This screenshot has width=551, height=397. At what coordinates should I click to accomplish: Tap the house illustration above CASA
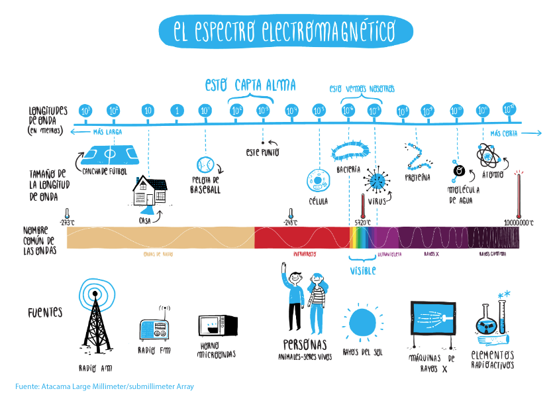[149, 192]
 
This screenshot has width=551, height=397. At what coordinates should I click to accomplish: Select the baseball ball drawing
[205, 164]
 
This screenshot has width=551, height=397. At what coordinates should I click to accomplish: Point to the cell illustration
[319, 181]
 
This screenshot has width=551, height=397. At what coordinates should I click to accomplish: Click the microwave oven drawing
[217, 327]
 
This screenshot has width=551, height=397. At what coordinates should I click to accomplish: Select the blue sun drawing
[362, 321]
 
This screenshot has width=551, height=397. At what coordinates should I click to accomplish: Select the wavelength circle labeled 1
[176, 111]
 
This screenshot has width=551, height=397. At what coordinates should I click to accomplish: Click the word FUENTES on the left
[46, 311]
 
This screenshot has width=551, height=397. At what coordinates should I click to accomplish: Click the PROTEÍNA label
[417, 178]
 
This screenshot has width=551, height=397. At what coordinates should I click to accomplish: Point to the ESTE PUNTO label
[263, 152]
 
